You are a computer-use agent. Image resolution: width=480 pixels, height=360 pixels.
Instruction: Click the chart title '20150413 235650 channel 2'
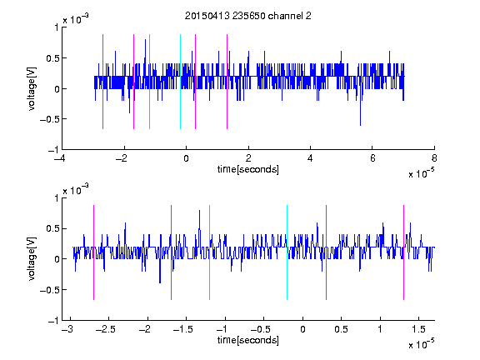[248, 16]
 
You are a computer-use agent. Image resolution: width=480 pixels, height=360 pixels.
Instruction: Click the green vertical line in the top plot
[149, 82]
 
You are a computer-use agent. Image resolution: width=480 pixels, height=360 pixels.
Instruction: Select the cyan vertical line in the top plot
[180, 82]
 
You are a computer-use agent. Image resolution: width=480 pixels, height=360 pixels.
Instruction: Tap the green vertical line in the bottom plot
[209, 252]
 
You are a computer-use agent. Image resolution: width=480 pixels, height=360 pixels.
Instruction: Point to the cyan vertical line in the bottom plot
[287, 252]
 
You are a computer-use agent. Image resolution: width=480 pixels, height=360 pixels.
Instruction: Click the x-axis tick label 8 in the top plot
[434, 158]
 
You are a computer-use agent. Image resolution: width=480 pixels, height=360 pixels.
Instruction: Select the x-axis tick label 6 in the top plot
[372, 158]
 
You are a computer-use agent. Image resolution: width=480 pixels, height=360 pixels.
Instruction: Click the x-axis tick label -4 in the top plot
[60, 158]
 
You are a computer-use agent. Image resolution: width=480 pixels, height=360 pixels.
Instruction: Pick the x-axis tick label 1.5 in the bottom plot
[418, 329]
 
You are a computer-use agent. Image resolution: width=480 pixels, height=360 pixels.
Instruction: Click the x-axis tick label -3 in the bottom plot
[67, 329]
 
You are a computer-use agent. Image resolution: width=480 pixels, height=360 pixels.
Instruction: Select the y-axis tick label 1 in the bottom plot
[56, 198]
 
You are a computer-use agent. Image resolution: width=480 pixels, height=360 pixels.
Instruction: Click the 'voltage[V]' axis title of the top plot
[32, 89]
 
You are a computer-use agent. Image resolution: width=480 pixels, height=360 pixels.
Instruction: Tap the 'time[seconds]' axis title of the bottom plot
[248, 340]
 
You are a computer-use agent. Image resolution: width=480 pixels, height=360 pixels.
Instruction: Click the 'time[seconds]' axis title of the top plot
[248, 169]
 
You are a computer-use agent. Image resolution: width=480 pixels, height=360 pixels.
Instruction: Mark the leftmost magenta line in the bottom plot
[93, 252]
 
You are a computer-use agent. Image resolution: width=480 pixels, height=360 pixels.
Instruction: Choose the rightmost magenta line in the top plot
[227, 82]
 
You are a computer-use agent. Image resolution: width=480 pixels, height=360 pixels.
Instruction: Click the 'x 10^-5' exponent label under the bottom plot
[422, 344]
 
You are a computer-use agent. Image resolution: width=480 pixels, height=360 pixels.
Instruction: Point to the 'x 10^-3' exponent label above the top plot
[76, 19]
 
